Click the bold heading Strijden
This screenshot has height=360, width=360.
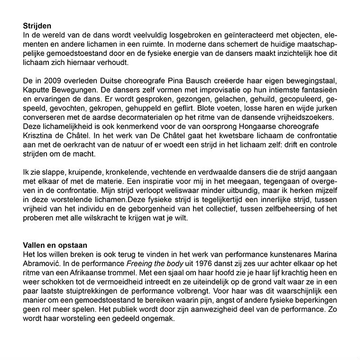(37, 27)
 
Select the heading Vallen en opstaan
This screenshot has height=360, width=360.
(55, 245)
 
